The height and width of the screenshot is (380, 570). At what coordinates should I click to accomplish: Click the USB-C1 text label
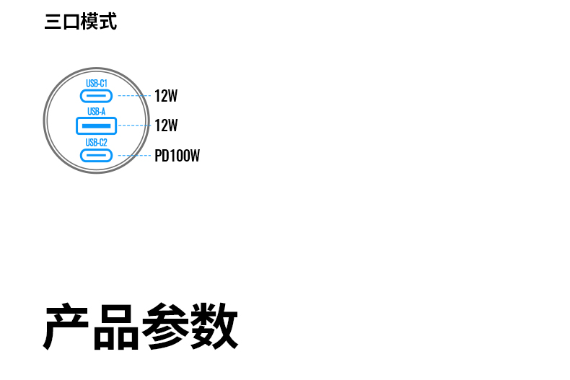tap(97, 84)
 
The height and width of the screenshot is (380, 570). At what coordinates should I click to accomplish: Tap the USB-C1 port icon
tap(97, 96)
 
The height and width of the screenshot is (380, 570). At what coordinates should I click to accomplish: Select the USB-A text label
tap(97, 111)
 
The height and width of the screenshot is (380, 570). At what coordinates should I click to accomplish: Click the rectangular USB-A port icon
tap(97, 125)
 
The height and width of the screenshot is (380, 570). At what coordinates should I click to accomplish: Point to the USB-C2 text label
tap(97, 142)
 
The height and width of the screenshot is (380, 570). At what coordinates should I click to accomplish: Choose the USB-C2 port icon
tap(97, 155)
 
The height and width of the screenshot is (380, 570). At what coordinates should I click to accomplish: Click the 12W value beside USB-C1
tap(166, 96)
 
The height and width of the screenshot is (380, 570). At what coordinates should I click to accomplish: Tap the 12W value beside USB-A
tap(166, 125)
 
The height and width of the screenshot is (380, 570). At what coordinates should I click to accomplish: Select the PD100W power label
tap(177, 156)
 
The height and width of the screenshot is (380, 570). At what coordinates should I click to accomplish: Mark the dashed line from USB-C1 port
tap(135, 95)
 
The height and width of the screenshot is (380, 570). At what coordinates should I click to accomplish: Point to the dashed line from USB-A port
tap(135, 125)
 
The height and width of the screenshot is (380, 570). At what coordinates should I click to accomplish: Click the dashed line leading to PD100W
tap(135, 155)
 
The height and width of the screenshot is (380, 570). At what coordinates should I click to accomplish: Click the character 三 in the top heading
tap(53, 22)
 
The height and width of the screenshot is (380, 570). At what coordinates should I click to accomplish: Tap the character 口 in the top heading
tap(71, 22)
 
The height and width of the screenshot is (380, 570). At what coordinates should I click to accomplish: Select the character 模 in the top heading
tap(89, 22)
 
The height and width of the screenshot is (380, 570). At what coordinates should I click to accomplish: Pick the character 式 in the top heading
tap(108, 22)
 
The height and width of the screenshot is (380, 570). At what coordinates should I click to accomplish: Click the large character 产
tap(67, 327)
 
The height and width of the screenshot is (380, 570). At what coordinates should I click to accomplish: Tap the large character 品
tap(115, 327)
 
